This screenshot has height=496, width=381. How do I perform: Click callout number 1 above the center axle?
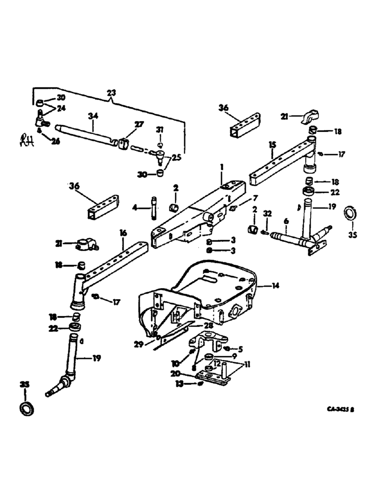(223, 169)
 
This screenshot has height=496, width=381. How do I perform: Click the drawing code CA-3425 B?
(343, 410)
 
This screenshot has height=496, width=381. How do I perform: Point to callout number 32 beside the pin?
(268, 214)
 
